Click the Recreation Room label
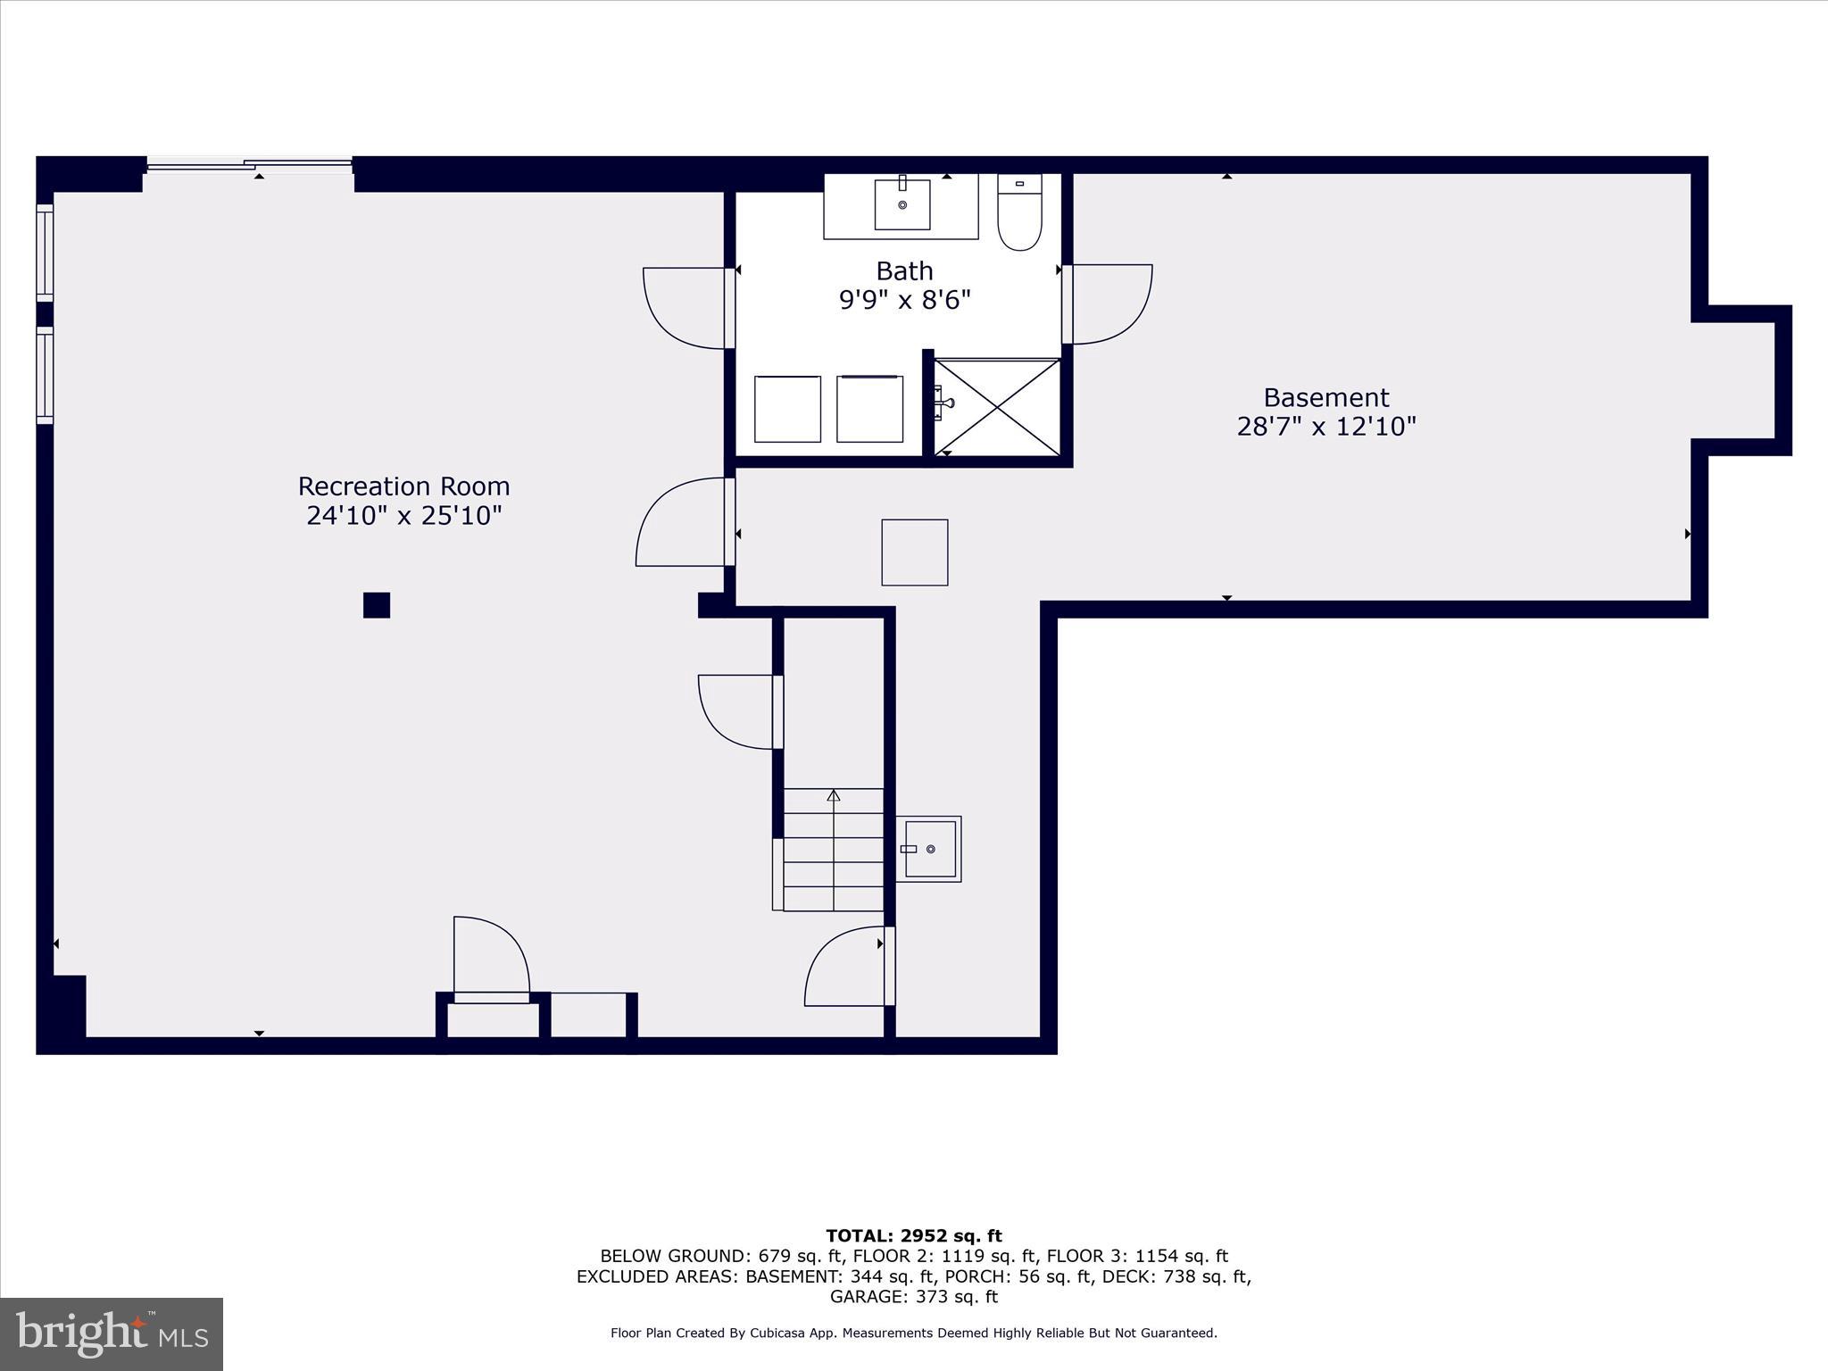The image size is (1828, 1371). [x=403, y=486]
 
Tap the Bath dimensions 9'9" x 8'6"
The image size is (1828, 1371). [x=904, y=300]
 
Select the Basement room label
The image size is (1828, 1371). [x=1325, y=397]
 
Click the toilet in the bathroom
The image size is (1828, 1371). [x=1019, y=214]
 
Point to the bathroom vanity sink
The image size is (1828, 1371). [x=902, y=204]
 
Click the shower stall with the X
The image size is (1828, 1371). [x=996, y=407]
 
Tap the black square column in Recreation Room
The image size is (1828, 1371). [x=377, y=605]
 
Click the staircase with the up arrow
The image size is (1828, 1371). [x=834, y=849]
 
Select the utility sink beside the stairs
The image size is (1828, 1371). [x=929, y=849]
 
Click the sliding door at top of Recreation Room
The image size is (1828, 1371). [x=250, y=164]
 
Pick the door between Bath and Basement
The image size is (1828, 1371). [x=1108, y=304]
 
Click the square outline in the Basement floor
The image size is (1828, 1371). [x=915, y=553]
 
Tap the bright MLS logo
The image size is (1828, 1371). [x=112, y=1334]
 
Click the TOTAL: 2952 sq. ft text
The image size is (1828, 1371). [x=913, y=1236]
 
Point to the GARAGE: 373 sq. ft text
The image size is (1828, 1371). [x=913, y=1297]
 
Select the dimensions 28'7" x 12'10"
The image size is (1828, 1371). [x=1325, y=427]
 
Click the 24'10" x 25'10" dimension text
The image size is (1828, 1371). [x=403, y=516]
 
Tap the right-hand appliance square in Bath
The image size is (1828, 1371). [x=869, y=409]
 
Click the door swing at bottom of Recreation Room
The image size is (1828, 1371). [x=490, y=955]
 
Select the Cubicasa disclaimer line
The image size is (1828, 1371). [x=913, y=1333]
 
